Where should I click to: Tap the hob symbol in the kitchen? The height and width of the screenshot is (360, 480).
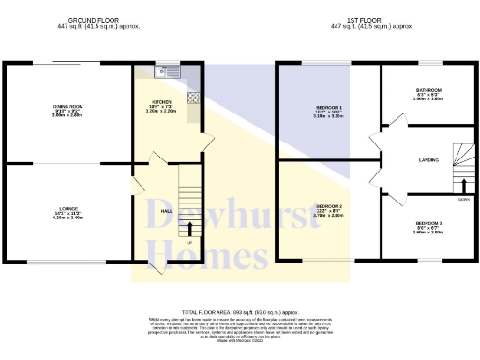tap(193, 97)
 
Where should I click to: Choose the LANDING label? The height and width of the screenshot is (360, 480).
tap(430, 161)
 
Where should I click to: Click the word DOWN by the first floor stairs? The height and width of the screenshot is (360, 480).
tap(463, 200)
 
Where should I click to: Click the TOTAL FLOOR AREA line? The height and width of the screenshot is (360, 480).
tap(239, 310)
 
